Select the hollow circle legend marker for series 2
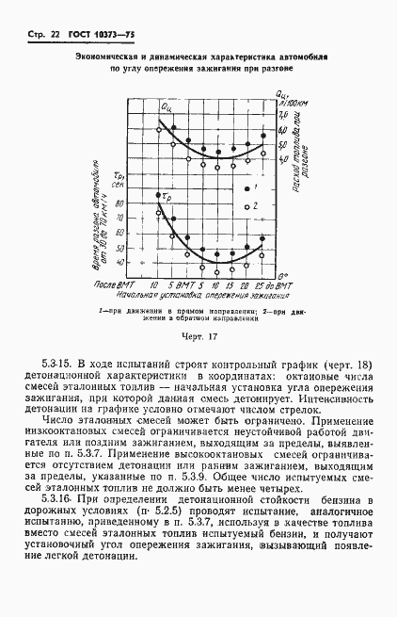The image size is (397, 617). (247, 204)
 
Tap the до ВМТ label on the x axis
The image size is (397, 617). (284, 283)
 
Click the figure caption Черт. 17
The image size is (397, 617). (198, 336)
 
